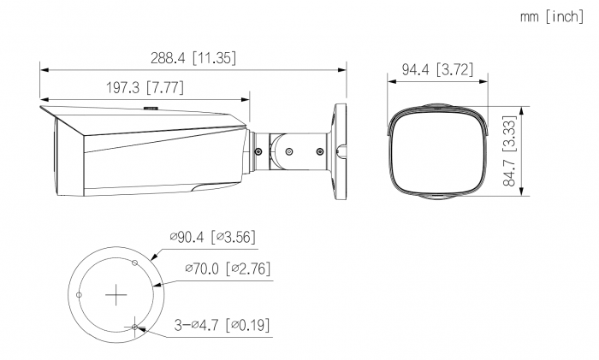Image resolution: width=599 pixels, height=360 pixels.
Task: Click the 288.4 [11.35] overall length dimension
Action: click(x=193, y=58)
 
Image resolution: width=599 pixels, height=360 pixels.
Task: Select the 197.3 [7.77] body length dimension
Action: click(x=145, y=87)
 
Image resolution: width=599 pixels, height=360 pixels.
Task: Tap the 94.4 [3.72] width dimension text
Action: click(x=437, y=69)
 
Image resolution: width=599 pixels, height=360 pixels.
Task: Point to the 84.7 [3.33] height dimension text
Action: click(x=510, y=150)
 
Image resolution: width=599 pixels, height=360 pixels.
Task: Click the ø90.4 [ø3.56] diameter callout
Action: click(x=213, y=237)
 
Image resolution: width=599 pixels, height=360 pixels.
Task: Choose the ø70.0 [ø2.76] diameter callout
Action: click(x=228, y=269)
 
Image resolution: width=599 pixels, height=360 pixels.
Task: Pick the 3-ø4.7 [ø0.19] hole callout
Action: click(x=222, y=325)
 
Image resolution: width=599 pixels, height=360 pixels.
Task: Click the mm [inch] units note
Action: click(x=552, y=16)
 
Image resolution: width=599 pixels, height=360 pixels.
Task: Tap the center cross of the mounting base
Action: click(x=116, y=295)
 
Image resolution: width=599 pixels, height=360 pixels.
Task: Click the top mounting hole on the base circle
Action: click(x=134, y=263)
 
